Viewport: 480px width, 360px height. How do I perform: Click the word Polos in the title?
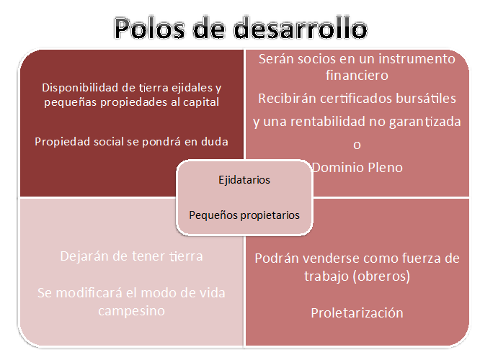point(150,28)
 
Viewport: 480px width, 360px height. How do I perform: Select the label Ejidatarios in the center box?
point(244,180)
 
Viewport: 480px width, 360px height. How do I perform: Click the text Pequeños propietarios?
point(244,215)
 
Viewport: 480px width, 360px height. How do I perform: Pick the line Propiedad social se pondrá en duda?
point(131,142)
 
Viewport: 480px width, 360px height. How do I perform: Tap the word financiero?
point(357,76)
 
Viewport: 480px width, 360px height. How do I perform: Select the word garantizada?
point(425,122)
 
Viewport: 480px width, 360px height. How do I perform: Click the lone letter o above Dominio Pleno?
point(357,145)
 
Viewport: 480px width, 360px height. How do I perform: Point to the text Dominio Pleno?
point(357,168)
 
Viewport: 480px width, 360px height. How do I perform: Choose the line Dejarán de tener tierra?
point(131,256)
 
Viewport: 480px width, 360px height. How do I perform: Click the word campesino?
point(131,311)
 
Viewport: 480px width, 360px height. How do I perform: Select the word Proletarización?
point(357,313)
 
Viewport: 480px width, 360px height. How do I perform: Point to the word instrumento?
point(417,59)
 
